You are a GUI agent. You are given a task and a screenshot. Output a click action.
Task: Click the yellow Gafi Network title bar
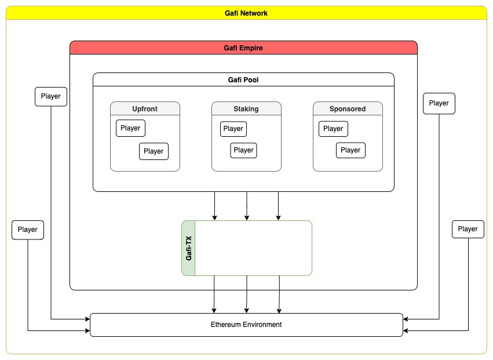(246, 13)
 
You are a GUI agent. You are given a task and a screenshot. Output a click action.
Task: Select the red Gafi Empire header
(243, 48)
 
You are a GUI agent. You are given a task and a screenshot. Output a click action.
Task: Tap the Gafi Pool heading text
(243, 80)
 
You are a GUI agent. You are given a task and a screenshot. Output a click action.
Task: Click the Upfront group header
(145, 108)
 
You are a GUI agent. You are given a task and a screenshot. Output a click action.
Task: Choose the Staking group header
(246, 108)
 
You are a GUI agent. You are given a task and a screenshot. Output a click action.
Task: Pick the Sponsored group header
(348, 108)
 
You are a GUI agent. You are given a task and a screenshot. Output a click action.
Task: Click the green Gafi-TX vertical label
(188, 248)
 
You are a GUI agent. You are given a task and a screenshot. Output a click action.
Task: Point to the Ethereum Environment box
(246, 325)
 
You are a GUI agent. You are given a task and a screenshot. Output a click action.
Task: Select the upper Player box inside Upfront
(130, 128)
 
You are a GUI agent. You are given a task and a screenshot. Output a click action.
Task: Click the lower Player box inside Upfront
(154, 151)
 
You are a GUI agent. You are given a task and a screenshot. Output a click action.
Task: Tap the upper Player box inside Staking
(233, 129)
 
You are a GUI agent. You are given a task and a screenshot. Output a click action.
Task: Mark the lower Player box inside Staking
(243, 150)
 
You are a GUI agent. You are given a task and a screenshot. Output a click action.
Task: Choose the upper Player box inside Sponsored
(333, 129)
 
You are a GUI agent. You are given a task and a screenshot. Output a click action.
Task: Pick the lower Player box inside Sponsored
(350, 150)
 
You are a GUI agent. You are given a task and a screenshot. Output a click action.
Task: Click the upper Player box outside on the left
(51, 96)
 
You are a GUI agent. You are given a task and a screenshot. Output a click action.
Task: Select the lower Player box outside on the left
(28, 230)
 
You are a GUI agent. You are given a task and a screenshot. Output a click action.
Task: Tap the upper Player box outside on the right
(439, 103)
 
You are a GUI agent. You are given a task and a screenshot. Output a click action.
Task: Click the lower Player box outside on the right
(468, 229)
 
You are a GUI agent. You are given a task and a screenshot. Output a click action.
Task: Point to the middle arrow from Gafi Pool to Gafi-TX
(247, 206)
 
